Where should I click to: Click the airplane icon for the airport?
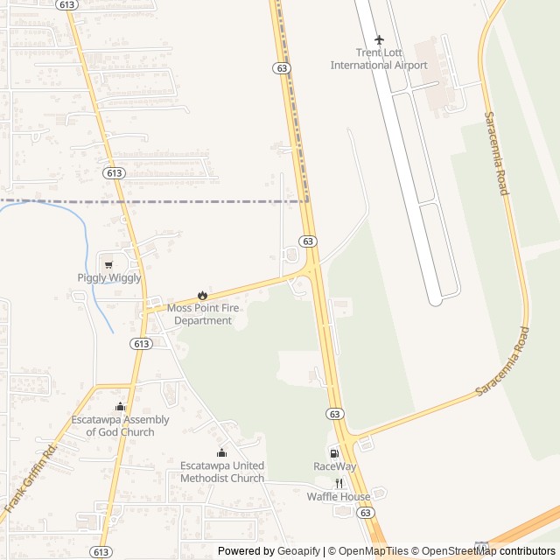[379, 39]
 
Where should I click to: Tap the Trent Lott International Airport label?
[379, 59]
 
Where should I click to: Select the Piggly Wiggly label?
[109, 278]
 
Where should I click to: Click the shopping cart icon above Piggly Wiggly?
[108, 264]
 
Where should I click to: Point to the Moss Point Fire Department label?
[203, 314]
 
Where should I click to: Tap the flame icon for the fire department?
[203, 295]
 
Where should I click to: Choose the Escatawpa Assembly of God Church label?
[121, 426]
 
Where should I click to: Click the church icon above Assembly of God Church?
[121, 406]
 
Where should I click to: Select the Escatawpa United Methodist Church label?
[222, 472]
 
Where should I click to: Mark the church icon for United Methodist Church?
[221, 452]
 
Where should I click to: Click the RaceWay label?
[335, 467]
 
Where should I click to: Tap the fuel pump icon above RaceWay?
[334, 453]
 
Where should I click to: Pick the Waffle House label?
[339, 497]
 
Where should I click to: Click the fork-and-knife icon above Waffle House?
[339, 483]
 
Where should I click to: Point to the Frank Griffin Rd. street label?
[31, 478]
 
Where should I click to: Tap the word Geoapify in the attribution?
[299, 551]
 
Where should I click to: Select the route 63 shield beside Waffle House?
[366, 513]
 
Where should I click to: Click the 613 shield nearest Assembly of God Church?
[142, 344]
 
